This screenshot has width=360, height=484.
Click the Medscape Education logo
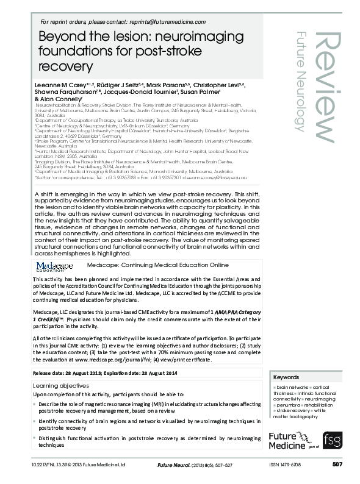tap(54, 267)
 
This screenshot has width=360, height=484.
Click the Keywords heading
tap(286, 377)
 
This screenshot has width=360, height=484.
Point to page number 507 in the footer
tap(337, 464)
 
